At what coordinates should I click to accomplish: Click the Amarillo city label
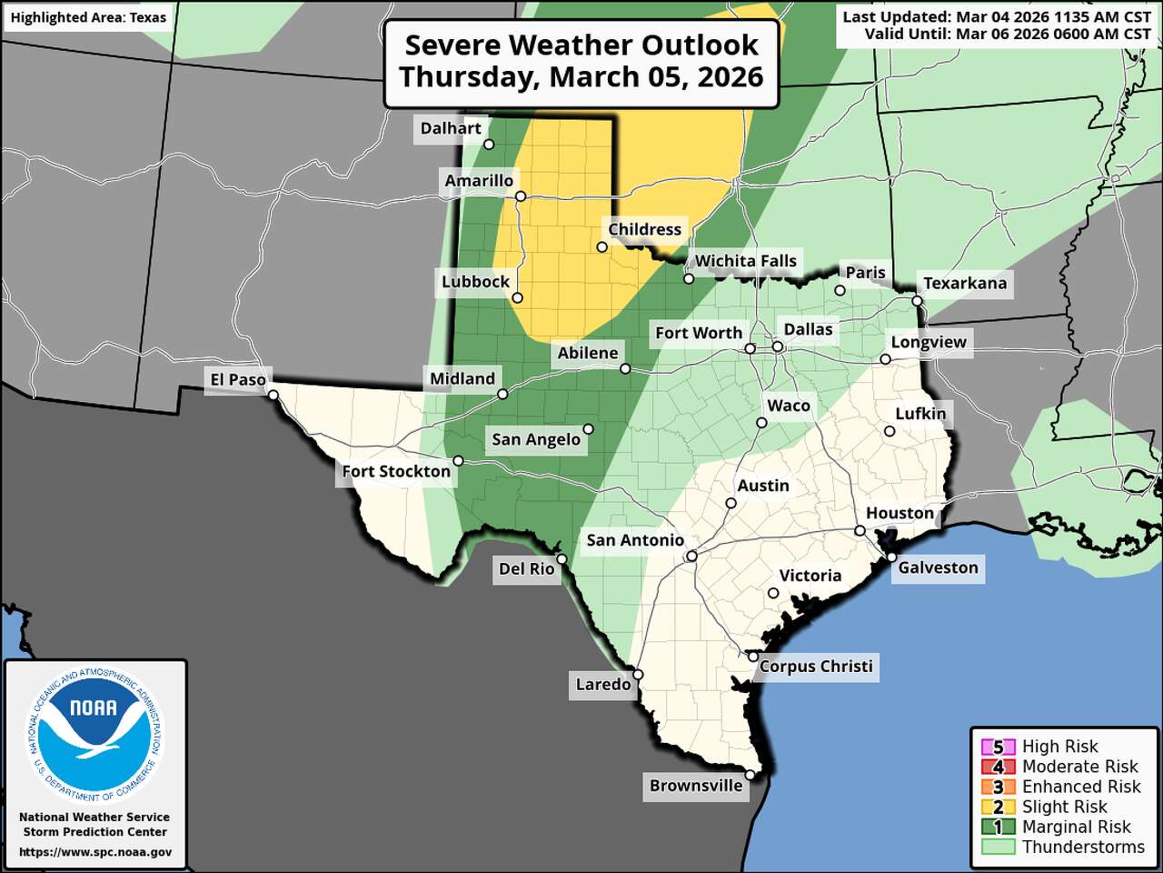tap(479, 180)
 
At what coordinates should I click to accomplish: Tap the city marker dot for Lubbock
tap(518, 297)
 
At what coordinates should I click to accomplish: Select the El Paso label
tap(238, 379)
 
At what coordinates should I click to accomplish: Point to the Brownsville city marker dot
tap(750, 774)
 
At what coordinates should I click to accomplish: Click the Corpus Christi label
tap(816, 666)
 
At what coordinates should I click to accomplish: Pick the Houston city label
tap(900, 513)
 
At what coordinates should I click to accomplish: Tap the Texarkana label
tap(965, 283)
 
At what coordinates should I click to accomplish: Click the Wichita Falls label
tap(745, 261)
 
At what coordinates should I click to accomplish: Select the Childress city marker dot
tap(601, 247)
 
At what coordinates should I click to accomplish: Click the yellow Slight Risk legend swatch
tap(998, 807)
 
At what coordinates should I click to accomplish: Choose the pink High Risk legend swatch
tap(998, 747)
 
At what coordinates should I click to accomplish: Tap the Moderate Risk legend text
tap(1079, 767)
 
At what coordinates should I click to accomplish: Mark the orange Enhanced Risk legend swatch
tap(998, 787)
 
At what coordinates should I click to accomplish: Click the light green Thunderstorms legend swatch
tap(998, 847)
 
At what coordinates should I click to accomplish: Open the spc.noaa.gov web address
tap(95, 852)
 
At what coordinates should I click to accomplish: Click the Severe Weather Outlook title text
tap(581, 45)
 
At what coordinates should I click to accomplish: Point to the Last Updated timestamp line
tap(996, 16)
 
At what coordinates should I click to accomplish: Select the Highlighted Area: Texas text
tap(88, 17)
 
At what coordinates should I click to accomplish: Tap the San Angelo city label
tap(536, 439)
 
